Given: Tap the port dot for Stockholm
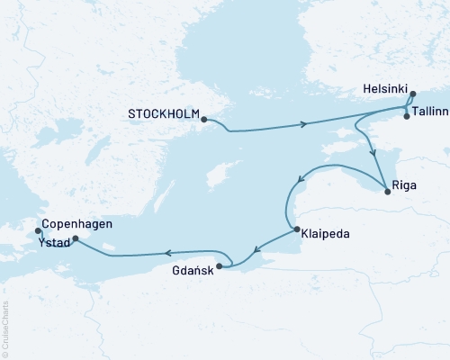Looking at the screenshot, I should pyautogui.click(x=204, y=119).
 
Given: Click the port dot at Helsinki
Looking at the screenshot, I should pyautogui.click(x=412, y=94).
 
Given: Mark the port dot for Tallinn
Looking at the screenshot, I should pyautogui.click(x=407, y=116).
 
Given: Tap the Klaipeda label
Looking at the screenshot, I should pyautogui.click(x=328, y=233).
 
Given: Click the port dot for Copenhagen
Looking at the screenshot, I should pyautogui.click(x=37, y=230).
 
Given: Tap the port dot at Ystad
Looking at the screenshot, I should pyautogui.click(x=75, y=239).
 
